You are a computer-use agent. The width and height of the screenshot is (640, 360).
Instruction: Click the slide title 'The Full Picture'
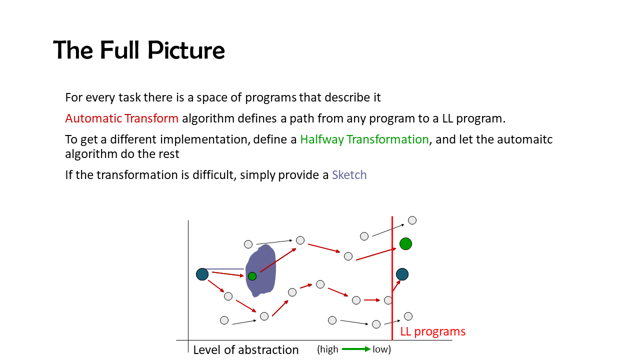point(139,50)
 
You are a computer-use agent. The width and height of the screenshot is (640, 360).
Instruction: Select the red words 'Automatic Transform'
point(121,118)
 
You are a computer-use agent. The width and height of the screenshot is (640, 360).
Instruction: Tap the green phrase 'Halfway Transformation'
point(364,139)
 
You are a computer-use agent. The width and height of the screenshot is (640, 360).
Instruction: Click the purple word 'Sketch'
point(349,174)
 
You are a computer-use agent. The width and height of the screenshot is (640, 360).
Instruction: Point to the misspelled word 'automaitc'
point(524,139)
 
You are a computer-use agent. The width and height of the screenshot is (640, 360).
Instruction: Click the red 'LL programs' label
point(432,331)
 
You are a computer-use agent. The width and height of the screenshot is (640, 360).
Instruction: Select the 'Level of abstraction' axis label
point(245,349)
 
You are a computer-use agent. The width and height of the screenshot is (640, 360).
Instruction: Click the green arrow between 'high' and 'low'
point(356,349)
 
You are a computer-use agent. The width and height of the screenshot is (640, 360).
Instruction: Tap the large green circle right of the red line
point(405,243)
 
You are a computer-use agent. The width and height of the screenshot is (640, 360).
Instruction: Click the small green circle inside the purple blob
point(252,276)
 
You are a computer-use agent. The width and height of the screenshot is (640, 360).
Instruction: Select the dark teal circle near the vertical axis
point(202,274)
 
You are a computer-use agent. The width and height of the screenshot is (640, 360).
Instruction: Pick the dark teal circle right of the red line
point(402,274)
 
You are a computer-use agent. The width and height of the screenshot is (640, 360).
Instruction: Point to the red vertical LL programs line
point(392,278)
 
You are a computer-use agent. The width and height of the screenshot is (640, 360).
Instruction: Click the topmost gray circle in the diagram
point(412,220)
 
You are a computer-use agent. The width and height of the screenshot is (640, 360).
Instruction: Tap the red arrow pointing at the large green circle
point(376,254)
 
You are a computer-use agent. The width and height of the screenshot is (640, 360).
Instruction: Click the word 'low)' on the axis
point(381,349)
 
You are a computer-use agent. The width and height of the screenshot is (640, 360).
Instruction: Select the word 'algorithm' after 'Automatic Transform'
point(208,118)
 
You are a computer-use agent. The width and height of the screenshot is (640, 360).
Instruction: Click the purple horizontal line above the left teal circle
point(224,269)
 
